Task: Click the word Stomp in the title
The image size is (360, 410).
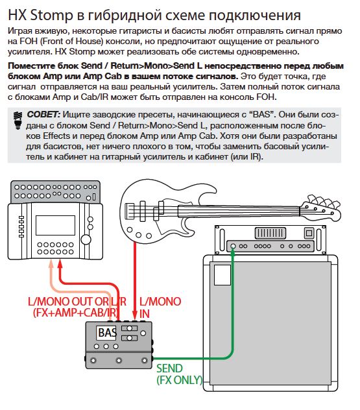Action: click(x=52, y=16)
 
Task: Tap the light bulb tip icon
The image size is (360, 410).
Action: click(x=18, y=120)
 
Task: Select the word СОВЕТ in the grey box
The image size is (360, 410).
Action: click(x=43, y=115)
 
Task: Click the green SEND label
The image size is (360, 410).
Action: click(x=169, y=368)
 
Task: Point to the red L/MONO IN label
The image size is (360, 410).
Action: click(x=160, y=307)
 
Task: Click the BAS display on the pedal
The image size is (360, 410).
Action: click(x=106, y=333)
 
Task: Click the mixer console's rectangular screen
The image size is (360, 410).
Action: click(x=55, y=225)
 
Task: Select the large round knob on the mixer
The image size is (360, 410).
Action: click(x=86, y=239)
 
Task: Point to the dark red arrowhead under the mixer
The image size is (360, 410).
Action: click(x=60, y=263)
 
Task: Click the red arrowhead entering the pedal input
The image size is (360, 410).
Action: click(x=135, y=313)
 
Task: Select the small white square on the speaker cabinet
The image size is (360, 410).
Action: click(x=222, y=275)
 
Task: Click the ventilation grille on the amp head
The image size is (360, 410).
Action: click(x=270, y=233)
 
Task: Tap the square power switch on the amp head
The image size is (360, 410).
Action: click(x=309, y=233)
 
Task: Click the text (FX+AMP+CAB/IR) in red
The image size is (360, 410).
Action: click(x=75, y=313)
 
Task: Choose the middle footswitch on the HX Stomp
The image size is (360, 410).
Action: click(x=119, y=360)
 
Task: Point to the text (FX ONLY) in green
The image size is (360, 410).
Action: click(x=180, y=380)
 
